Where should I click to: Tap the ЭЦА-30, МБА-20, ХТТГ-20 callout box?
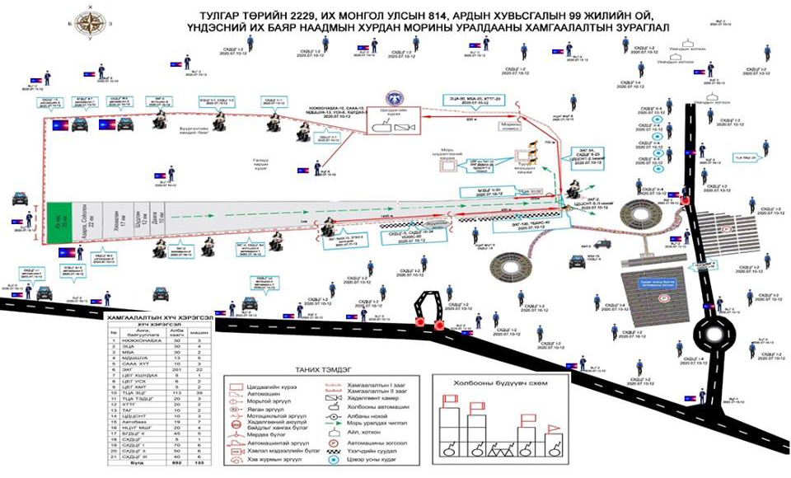pos(472,103)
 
